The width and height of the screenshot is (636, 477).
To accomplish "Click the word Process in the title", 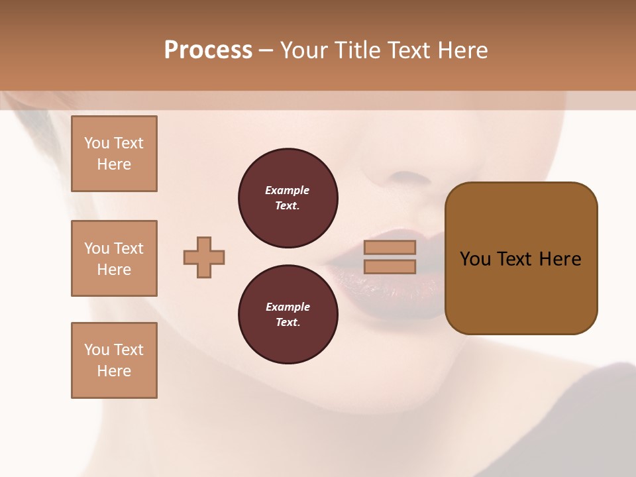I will pos(208,50).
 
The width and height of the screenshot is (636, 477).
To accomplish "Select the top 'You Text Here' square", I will pos(114,154).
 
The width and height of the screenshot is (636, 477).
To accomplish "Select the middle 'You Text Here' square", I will pos(114,258).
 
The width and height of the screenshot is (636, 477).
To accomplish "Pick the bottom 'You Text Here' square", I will pos(114,360).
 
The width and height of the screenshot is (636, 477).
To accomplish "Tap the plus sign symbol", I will pos(204,257).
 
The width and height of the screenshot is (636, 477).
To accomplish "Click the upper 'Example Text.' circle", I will pos(288,198).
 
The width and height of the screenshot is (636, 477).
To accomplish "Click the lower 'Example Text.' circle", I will pos(288,315).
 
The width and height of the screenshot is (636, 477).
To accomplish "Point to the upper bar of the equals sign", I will pos(390,247).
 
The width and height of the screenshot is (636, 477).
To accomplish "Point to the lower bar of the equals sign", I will pos(390,266).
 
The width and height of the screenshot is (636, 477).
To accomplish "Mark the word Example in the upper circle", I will pos(288,190).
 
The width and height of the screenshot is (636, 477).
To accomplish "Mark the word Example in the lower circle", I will pos(288,307).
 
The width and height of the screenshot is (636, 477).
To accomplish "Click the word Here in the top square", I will pos(114,164).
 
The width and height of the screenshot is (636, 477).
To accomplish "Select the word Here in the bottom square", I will pos(114,371).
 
